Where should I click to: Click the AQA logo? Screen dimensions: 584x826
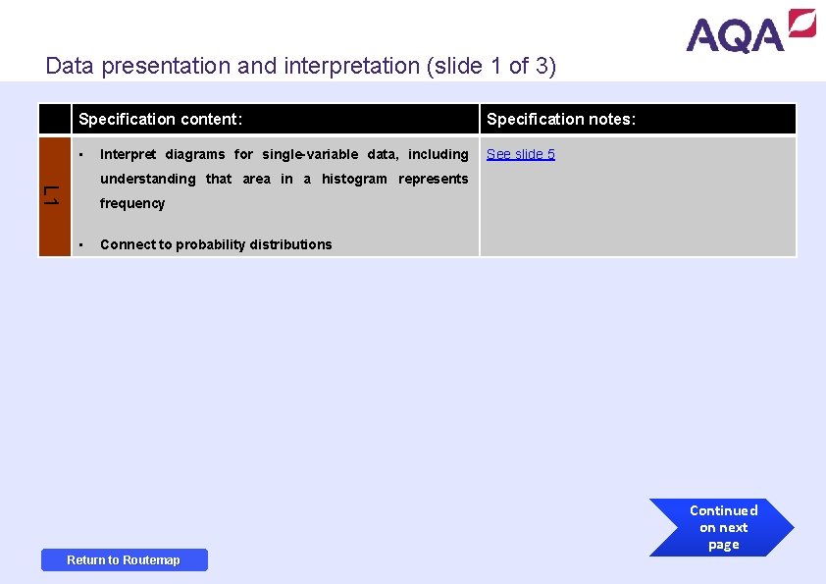pos(750,31)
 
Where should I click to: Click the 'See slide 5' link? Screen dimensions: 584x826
pos(521,154)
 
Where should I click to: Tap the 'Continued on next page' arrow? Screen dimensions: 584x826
pos(723,528)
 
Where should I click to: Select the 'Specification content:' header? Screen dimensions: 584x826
pos(161,119)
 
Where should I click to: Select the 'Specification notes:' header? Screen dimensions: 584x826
pos(561,119)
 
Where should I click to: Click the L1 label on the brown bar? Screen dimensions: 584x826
pos(55,195)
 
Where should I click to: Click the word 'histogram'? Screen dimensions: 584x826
pos(354,179)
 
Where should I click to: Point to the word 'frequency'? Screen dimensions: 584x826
pos(132,203)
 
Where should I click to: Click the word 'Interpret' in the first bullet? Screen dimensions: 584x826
pos(128,154)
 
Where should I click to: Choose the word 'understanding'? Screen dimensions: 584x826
pos(147,179)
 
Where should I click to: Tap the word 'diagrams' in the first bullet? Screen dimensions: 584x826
pos(194,154)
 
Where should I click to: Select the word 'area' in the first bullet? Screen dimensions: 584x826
pos(256,179)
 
